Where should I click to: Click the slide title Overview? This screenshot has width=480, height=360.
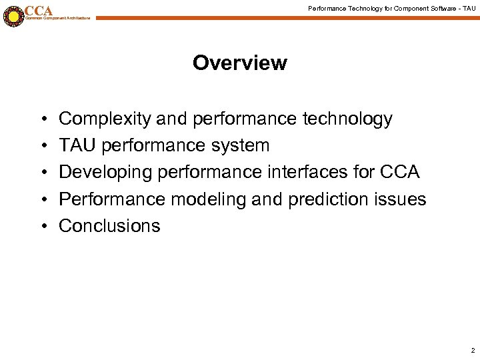tap(239, 63)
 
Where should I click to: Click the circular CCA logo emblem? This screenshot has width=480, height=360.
tap(13, 16)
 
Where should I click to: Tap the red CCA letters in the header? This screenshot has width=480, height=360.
tap(39, 11)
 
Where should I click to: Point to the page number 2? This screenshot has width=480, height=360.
tap(472, 350)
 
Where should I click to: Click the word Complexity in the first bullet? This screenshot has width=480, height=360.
tap(105, 119)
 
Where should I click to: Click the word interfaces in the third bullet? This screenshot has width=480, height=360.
tap(319, 173)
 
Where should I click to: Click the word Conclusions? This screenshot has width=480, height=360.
tap(109, 226)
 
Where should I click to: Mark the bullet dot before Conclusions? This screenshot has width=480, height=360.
tap(42, 227)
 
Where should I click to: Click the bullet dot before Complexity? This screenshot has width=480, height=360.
tap(42, 120)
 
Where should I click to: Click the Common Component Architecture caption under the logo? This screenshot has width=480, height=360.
tap(57, 18)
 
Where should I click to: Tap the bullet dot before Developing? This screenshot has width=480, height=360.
tap(42, 173)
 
